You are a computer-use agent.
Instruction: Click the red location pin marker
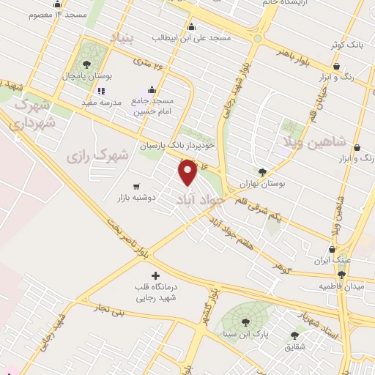188,172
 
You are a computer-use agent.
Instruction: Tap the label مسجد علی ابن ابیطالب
191,37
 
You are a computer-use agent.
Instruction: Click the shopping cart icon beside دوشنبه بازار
136,186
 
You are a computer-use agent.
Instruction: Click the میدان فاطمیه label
341,285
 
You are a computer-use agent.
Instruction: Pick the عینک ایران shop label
338,261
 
